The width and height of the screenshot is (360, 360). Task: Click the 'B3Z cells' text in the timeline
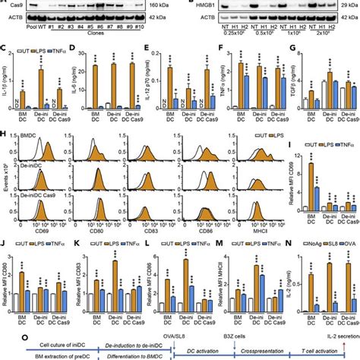pyautogui.click(x=199, y=330)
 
